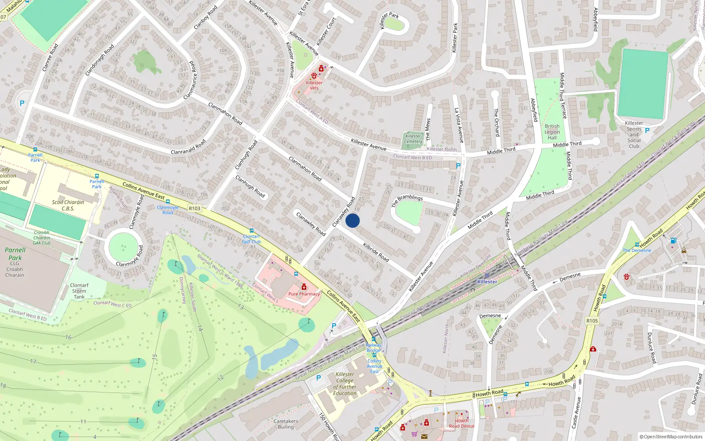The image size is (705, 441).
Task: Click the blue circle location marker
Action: [x=352, y=220]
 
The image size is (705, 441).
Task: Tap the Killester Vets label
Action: [x=314, y=85]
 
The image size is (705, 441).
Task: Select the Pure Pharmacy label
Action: [x=304, y=294]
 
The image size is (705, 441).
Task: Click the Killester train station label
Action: [x=487, y=281]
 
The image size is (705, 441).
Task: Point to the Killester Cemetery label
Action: [x=413, y=139]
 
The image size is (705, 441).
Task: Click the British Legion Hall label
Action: [x=552, y=132]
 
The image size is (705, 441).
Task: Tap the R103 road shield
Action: [x=194, y=209]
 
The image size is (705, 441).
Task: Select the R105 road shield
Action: [x=592, y=321]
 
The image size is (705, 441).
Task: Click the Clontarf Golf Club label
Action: [x=252, y=239]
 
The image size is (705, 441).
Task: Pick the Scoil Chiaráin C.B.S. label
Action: [x=68, y=206]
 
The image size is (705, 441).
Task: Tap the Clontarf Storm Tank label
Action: [x=79, y=291]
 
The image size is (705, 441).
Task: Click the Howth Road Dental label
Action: [x=461, y=423]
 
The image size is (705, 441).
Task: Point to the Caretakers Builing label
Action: [x=286, y=424]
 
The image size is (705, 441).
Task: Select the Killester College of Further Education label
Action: [x=345, y=384]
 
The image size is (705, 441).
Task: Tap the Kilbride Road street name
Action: [x=376, y=252]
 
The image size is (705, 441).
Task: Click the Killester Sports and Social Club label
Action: [x=634, y=135]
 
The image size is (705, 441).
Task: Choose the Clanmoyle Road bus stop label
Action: [x=168, y=209]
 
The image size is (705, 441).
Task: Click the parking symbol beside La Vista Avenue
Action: [x=458, y=166]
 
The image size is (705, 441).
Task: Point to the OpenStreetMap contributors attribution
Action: [x=671, y=437]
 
